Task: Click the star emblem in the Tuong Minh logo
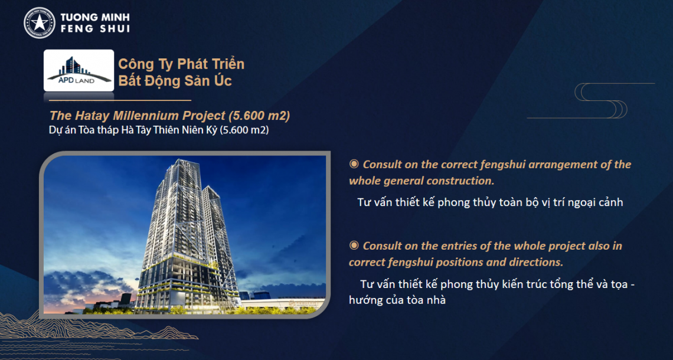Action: [x=40, y=23]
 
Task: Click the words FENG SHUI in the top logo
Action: [x=95, y=29]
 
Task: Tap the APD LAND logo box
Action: [x=79, y=70]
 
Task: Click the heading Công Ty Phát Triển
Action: [x=182, y=64]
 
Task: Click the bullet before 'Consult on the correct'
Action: [x=354, y=164]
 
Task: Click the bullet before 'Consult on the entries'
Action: [x=354, y=246]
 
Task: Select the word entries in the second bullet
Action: [x=460, y=246]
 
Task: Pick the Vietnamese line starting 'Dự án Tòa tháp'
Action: [x=159, y=130]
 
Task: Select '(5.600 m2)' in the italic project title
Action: [x=260, y=116]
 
